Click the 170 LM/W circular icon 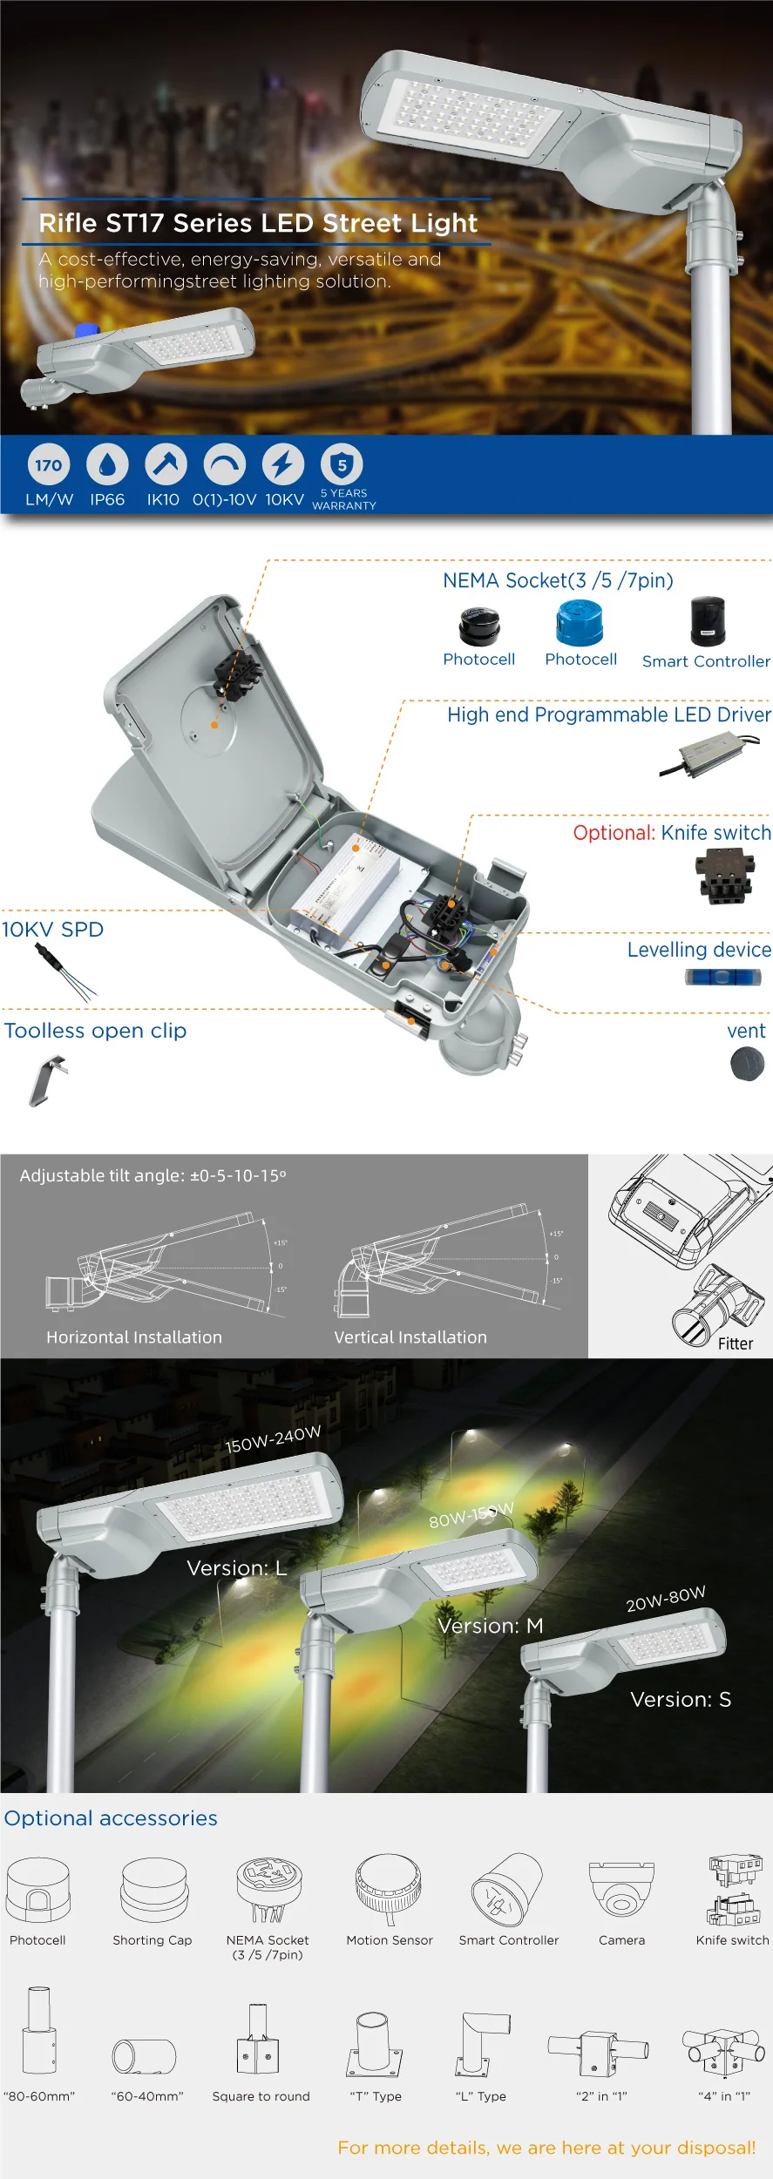coord(49,465)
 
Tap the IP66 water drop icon coord(107,465)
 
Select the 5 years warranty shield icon coord(342,465)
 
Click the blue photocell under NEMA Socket coord(580,625)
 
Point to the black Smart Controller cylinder coord(708,621)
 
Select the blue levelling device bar coord(722,978)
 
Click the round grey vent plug coord(747,1064)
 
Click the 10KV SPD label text coord(52,930)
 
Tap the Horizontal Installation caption coord(134,1337)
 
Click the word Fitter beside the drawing coord(736,1343)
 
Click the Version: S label coord(681,1700)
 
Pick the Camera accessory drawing coord(621,1890)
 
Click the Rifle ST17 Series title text coord(258,223)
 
